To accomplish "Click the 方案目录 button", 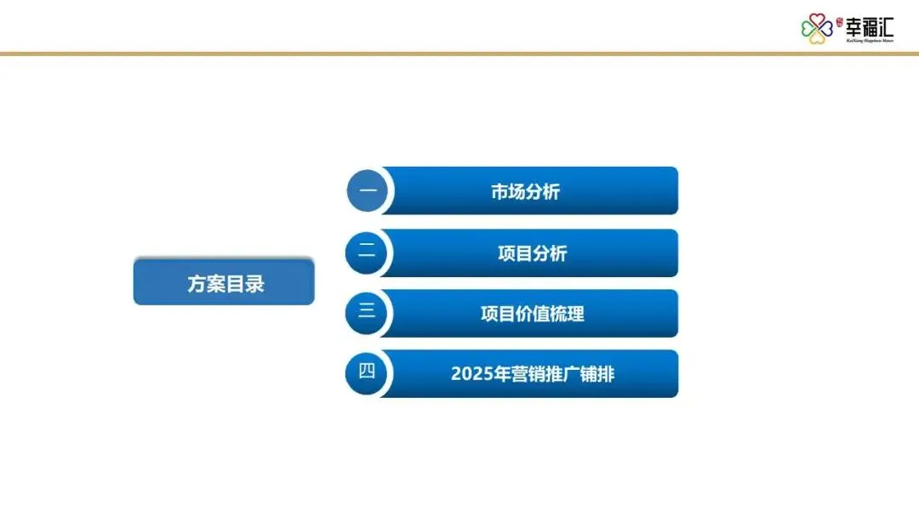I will [224, 282].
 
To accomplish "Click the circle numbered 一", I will [368, 190].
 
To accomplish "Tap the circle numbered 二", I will [367, 252].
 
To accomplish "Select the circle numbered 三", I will [367, 312].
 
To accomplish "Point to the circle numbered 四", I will [367, 372].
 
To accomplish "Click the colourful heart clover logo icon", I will [816, 29].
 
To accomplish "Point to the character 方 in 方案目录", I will [197, 283].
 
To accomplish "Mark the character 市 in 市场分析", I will [499, 192].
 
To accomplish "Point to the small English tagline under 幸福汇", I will [869, 39].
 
